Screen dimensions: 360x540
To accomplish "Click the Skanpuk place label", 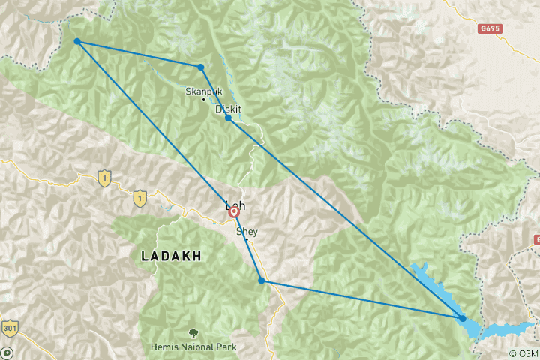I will [x=203, y=91].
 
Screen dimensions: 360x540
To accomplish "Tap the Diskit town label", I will [x=228, y=109].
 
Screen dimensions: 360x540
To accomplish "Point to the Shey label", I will [x=247, y=232].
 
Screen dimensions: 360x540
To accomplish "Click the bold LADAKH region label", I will [x=171, y=256].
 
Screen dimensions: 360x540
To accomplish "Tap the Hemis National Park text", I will [x=193, y=346].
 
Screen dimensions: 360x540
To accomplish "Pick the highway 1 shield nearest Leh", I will [x=139, y=198].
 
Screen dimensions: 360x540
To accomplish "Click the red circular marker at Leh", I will [x=234, y=212].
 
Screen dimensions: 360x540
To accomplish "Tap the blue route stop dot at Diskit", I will [x=228, y=118].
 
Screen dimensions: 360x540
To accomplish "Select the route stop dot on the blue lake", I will [x=463, y=319].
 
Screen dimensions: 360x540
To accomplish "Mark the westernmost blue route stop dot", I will [x=77, y=42].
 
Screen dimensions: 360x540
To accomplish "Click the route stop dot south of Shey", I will [x=261, y=280].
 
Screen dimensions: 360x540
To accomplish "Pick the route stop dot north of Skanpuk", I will [x=201, y=67].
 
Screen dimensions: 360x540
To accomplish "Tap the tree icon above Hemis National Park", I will [x=193, y=332].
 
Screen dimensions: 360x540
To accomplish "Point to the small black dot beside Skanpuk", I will [x=203, y=100].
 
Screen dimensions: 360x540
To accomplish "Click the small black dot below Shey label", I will [x=247, y=240].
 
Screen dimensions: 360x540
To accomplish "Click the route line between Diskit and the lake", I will [x=345, y=218].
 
